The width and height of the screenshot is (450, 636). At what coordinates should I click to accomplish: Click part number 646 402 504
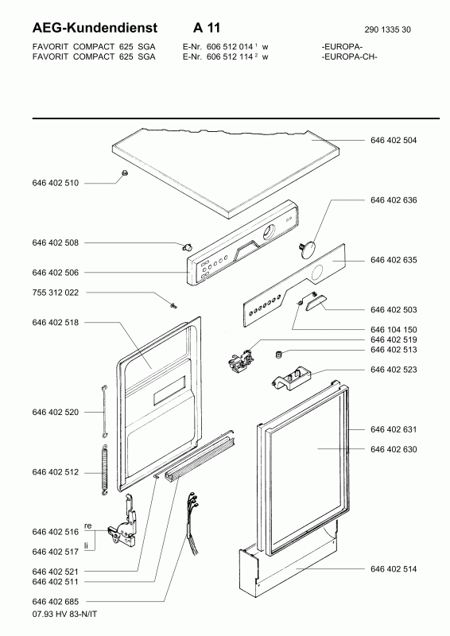coord(394,141)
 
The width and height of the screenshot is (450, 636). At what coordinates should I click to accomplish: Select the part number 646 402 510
coord(55,184)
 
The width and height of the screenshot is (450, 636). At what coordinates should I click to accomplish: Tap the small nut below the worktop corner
coord(125,173)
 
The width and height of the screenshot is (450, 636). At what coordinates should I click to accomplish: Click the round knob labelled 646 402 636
coord(308,248)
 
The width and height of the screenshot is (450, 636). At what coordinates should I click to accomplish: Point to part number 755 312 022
coord(55,293)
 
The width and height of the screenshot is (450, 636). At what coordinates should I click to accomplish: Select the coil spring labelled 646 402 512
coord(104,470)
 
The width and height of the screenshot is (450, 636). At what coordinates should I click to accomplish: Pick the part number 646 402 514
coord(394,569)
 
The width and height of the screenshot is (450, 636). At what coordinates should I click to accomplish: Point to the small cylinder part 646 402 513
coord(279,355)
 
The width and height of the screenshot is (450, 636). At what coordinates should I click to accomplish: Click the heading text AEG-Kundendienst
coord(95,28)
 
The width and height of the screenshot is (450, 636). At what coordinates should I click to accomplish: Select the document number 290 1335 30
coord(387,29)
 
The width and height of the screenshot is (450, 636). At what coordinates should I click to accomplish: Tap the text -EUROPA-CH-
coord(349,56)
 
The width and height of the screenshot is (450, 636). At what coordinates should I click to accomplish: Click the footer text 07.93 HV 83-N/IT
coord(64,614)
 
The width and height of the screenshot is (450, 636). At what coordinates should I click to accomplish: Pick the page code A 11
coord(207,28)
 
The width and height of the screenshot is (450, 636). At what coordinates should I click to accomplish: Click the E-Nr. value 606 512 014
coord(230,47)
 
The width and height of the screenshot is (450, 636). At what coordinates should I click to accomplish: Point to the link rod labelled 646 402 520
coord(104,411)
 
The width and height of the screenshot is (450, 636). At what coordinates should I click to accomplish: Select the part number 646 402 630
coord(394,449)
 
